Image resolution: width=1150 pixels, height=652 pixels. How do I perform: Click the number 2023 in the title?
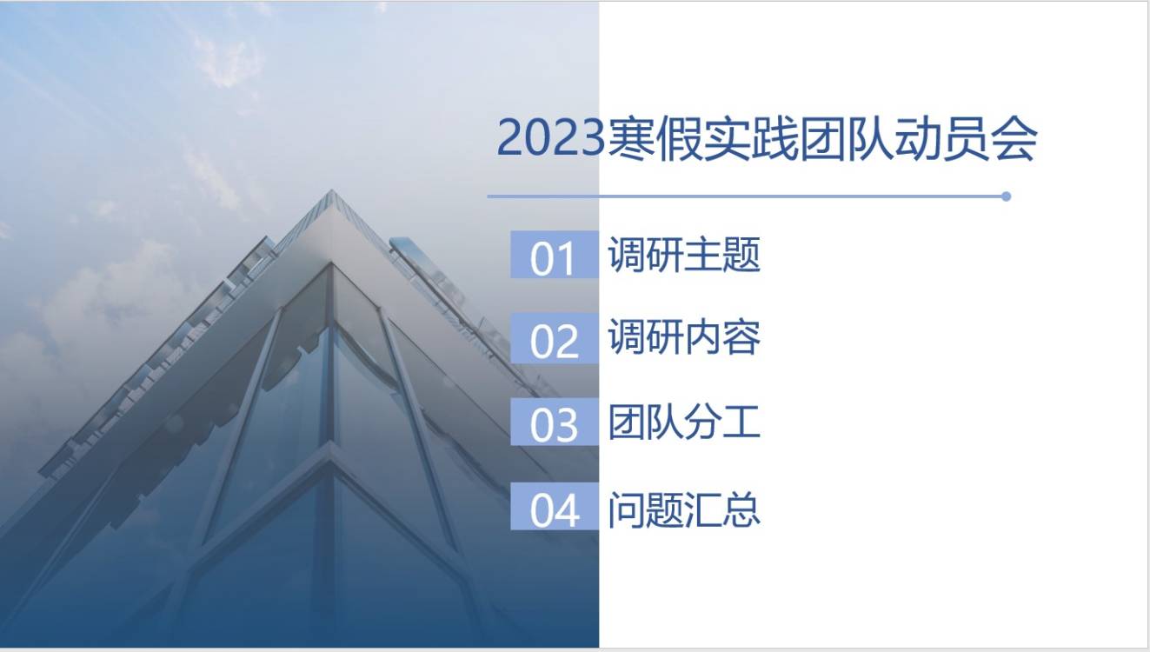pos(549,139)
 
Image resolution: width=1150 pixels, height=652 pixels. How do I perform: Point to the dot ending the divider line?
pos(1006,196)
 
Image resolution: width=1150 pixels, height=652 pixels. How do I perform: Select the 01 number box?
pos(554,256)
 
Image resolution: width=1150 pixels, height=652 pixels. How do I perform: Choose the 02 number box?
pos(554,340)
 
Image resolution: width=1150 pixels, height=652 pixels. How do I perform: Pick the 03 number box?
pos(554,424)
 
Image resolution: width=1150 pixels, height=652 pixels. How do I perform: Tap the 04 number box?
pos(554,509)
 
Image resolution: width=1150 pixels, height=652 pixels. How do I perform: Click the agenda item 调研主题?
pos(684,256)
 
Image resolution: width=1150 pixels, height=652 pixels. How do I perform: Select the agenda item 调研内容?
pos(684,338)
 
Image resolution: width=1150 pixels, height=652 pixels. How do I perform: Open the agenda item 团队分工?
pos(684,422)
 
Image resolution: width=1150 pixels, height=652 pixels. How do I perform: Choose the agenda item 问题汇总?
pos(684,509)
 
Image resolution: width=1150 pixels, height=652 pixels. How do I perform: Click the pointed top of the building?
pos(331,194)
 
